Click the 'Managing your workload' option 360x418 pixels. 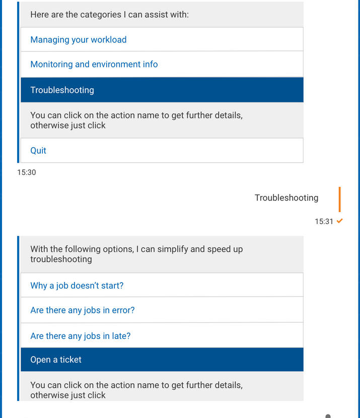[x=79, y=40]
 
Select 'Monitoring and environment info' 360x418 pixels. [x=94, y=64]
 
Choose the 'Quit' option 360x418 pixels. [x=38, y=151]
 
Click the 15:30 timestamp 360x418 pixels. [x=27, y=172]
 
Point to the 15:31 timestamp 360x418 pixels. [x=324, y=221]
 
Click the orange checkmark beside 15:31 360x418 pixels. [x=340, y=221]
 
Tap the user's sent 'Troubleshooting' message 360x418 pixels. [x=286, y=198]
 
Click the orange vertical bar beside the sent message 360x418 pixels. [x=339, y=199]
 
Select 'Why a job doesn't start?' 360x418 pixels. [x=77, y=286]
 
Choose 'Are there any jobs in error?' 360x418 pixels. [x=83, y=310]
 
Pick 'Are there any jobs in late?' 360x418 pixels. [x=81, y=336]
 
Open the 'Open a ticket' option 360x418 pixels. [x=56, y=360]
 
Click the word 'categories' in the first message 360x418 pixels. [x=86, y=15]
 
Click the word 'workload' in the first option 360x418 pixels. [x=109, y=40]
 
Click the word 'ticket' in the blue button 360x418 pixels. [x=70, y=360]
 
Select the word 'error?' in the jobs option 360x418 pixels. [x=122, y=310]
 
